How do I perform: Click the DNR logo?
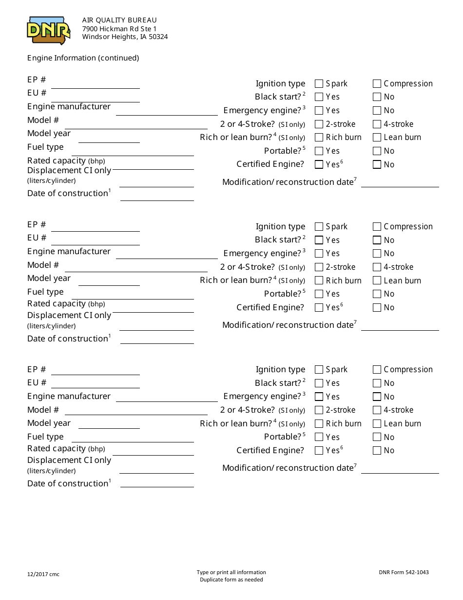point(48,30)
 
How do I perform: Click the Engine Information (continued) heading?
point(83,58)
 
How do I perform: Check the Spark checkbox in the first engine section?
point(319,83)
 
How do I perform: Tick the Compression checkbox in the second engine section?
point(377,226)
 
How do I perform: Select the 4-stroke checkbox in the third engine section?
point(377,410)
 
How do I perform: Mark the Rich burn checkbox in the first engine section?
point(319,138)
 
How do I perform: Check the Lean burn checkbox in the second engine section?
point(377,280)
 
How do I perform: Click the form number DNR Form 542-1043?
point(404,572)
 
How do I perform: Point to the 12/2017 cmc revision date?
point(43,574)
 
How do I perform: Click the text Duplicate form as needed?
point(231,580)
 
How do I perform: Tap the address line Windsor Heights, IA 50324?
point(125,37)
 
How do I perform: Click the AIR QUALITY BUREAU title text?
point(119,20)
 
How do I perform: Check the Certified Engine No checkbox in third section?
point(377,451)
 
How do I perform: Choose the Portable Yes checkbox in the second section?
point(319,294)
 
